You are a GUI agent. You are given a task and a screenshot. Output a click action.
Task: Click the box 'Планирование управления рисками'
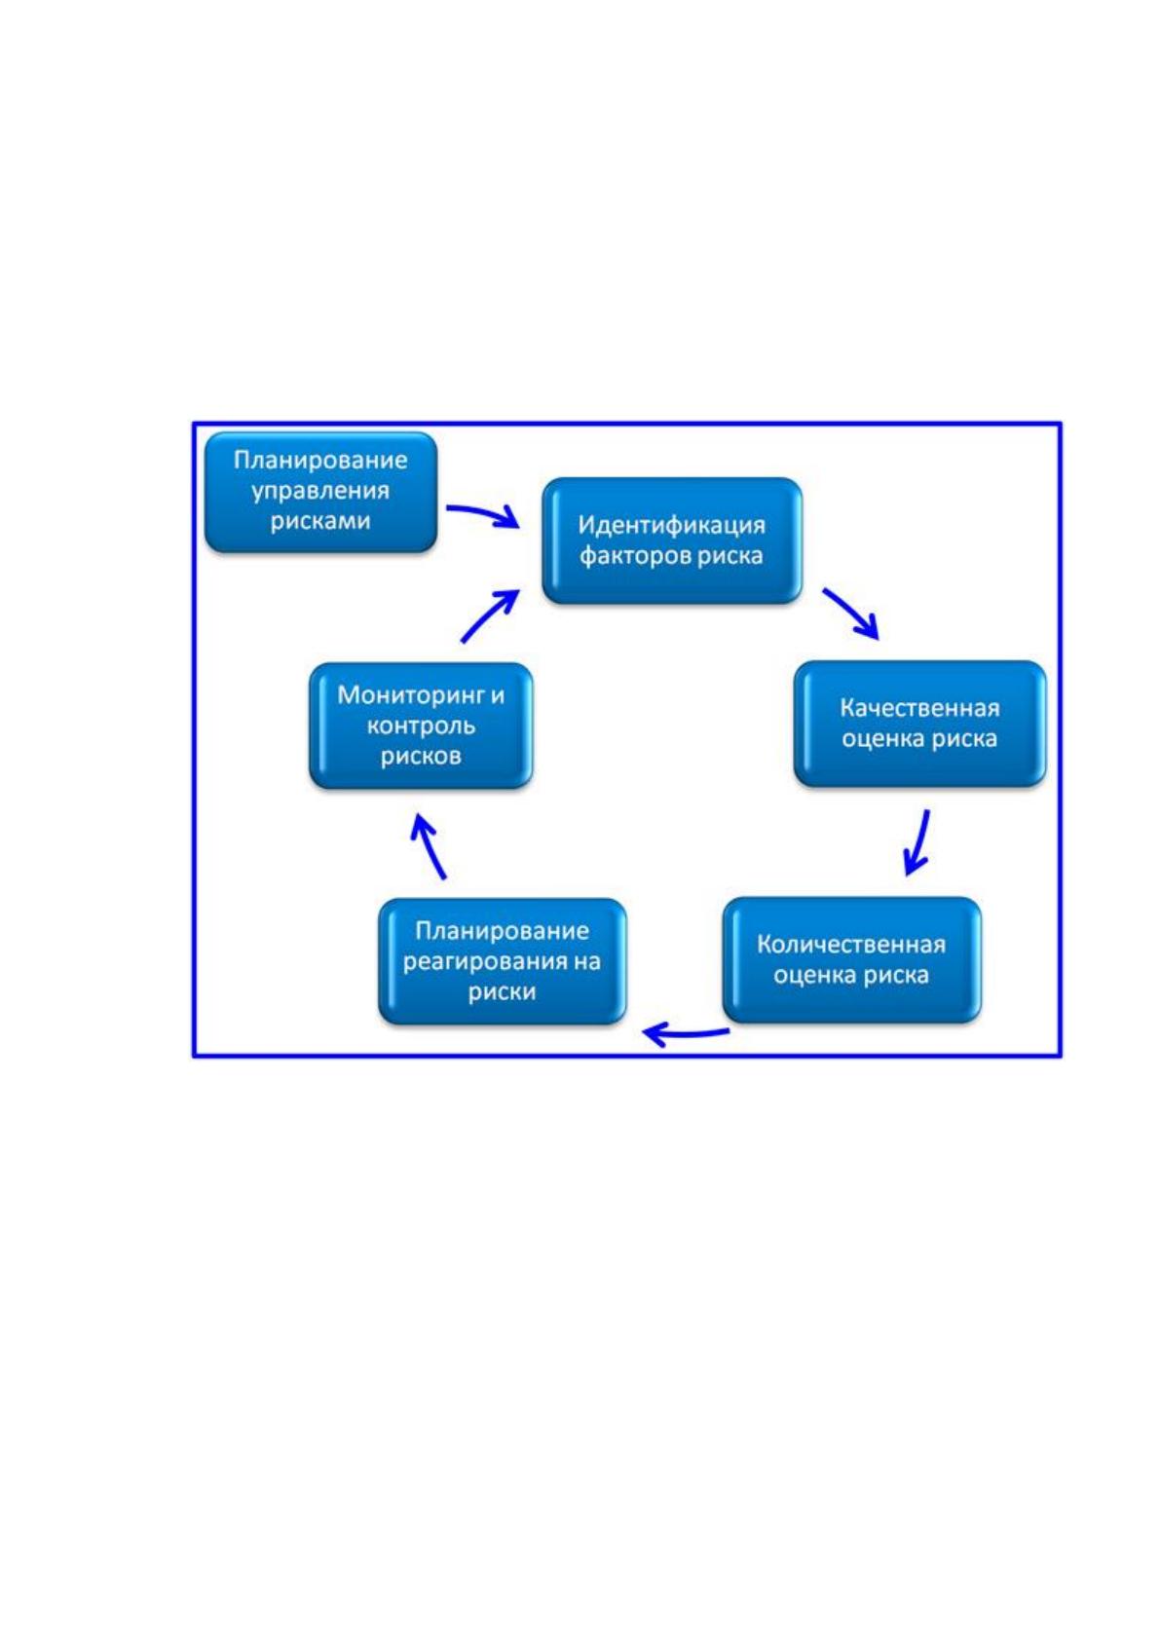[320, 491]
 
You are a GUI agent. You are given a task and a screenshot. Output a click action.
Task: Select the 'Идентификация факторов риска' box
[671, 540]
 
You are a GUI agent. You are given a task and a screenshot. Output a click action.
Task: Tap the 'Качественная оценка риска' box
[919, 724]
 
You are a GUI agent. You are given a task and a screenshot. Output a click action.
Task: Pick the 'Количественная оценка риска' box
[851, 959]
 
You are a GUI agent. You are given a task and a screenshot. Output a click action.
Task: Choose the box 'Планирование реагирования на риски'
[503, 960]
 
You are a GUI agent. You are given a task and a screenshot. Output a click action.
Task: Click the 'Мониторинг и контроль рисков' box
[421, 726]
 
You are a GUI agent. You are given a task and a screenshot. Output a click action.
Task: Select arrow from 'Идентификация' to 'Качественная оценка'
[851, 612]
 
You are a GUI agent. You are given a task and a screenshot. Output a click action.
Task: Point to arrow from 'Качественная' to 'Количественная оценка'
[919, 842]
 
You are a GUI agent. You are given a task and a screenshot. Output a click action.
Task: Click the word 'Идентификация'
[671, 525]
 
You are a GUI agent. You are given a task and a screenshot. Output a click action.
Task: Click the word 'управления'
[320, 491]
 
